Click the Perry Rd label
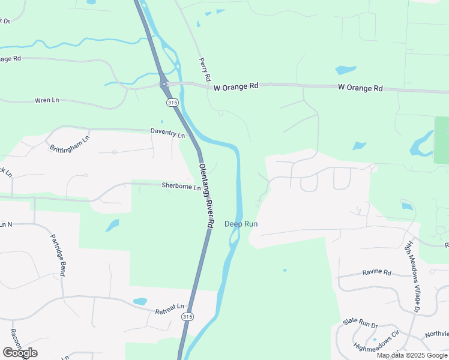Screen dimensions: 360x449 point(204,70)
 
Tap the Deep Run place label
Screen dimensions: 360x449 point(241,224)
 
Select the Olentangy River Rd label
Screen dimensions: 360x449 point(206,195)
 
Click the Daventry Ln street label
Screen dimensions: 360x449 point(167,132)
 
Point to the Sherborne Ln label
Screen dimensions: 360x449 point(181,186)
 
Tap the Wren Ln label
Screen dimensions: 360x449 point(47,100)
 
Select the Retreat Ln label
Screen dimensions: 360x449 point(169,311)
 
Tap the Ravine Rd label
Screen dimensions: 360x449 point(376,273)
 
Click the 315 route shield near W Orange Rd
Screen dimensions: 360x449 point(173,103)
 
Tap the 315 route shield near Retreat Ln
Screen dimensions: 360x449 point(188,317)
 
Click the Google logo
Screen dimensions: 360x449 point(20,352)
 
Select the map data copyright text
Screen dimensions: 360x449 point(412,355)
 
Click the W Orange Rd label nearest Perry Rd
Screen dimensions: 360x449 point(236,86)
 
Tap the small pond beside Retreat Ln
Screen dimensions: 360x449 point(140,301)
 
